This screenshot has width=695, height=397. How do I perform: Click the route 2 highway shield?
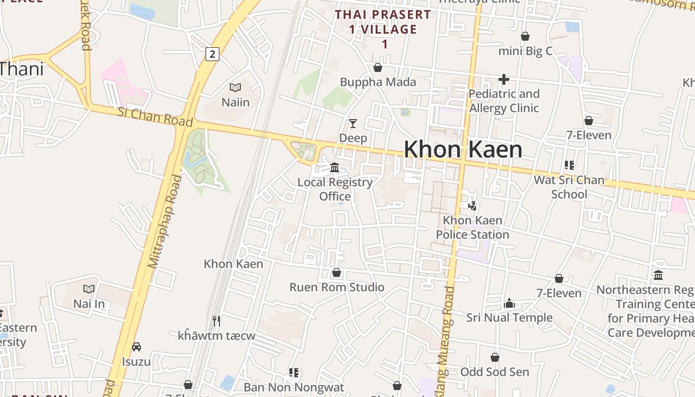212,54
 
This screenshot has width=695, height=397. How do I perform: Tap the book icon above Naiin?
235,88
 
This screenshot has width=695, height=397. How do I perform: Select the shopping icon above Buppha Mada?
378,67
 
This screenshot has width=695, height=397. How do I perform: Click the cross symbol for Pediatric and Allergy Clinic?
504,79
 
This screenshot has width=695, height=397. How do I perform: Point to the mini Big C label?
525,51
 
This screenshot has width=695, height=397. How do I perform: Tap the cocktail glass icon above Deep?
353,123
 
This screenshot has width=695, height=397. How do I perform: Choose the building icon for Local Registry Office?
335,167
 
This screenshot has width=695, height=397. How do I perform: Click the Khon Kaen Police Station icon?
473,205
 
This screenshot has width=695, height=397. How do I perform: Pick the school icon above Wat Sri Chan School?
569,165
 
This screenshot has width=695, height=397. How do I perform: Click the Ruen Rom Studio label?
337,287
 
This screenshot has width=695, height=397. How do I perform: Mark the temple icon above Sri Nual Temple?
509,303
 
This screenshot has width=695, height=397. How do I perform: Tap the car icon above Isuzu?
137,346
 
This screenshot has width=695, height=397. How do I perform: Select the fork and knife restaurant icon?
216,321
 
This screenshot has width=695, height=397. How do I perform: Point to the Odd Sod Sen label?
494,372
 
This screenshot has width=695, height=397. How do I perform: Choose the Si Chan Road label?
155,116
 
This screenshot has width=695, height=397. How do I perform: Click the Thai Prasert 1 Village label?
383,29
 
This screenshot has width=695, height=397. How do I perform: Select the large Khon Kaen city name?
463,149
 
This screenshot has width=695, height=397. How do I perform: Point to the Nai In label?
89,303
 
